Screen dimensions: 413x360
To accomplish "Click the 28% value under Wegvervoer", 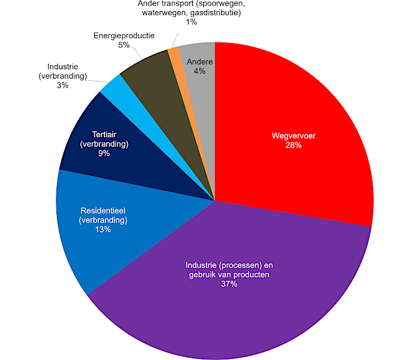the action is tap(294, 145).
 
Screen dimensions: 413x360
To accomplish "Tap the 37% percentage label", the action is tap(229, 284).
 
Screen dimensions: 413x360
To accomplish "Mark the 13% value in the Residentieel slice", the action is tap(103, 229).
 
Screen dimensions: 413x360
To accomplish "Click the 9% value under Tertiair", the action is tap(104, 153).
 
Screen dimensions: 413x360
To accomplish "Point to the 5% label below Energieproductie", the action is tap(124, 45).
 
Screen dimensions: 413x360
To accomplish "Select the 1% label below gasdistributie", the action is tap(191, 22).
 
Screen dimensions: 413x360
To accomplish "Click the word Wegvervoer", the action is tap(294, 136).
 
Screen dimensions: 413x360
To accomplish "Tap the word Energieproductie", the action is tap(124, 36).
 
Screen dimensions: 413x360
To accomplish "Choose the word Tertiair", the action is tap(104, 135).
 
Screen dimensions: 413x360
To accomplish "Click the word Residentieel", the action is tap(103, 210).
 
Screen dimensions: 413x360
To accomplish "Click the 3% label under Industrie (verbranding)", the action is tap(63, 85).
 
